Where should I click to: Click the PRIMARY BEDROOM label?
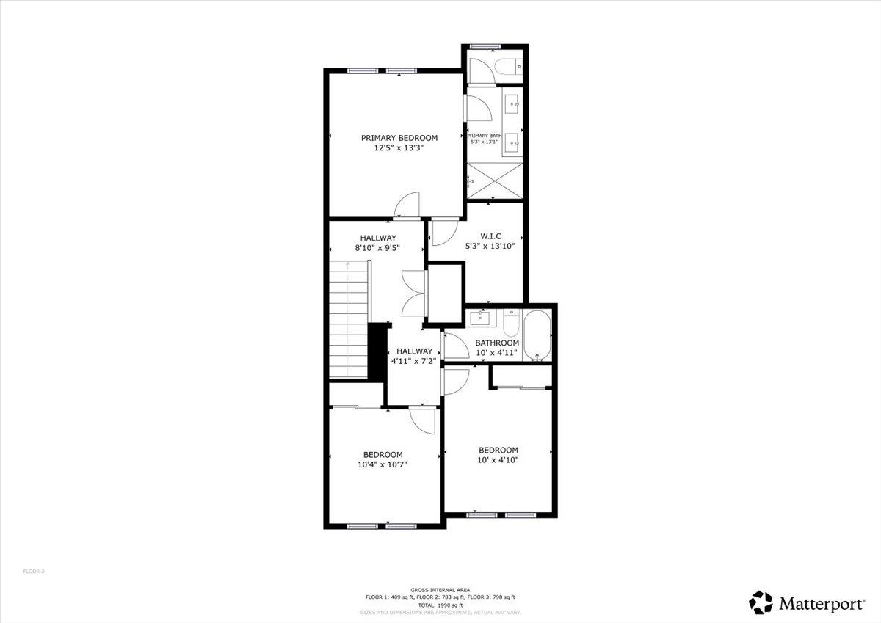point(399,138)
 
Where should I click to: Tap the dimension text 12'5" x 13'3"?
point(399,147)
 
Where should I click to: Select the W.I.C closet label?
point(490,236)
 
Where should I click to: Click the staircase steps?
point(348,319)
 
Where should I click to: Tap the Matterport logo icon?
point(761,602)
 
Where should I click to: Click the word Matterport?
point(821,604)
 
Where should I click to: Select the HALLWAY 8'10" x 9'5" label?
point(378,243)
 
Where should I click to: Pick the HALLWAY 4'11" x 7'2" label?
point(415,356)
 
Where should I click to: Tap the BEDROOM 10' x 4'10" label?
point(498,455)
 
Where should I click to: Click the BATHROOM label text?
point(497,343)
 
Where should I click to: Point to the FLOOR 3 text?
point(34,571)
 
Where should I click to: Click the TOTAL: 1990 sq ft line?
point(440,605)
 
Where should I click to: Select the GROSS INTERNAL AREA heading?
point(440,590)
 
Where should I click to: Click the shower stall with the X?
point(495,180)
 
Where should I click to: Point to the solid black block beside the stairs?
point(377,351)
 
